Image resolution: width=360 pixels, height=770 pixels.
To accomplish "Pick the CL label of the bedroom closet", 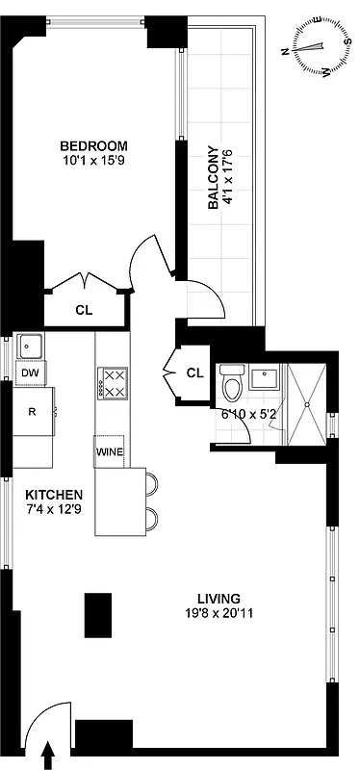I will tap(84, 310).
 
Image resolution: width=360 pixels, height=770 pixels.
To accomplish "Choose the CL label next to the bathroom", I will tap(195, 372).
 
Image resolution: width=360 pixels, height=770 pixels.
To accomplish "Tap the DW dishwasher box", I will tap(29, 372).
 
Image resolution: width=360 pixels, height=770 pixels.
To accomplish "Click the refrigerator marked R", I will tap(32, 411).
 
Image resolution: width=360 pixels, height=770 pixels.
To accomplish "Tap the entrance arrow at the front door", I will tap(49, 756).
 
